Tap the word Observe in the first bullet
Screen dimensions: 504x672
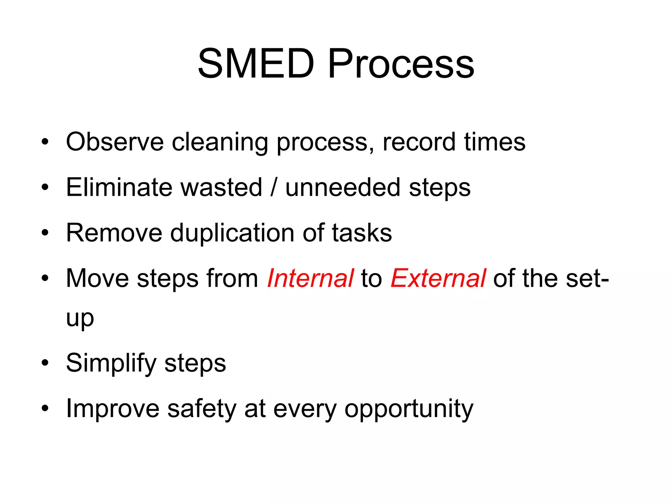(115, 142)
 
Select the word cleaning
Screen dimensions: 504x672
(220, 142)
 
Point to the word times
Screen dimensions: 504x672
(494, 142)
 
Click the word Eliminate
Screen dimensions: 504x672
(119, 187)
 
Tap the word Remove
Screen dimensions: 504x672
(114, 233)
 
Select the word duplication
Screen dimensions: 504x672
(232, 233)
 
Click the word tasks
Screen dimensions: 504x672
(362, 233)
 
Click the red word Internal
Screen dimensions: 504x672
(310, 278)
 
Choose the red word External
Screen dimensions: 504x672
(438, 278)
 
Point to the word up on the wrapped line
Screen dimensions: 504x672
(80, 318)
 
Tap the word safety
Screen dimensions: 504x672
(201, 409)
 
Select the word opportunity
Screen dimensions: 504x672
(409, 409)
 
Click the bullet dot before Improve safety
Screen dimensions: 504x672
(45, 409)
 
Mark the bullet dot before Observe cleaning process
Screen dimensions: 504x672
(45, 142)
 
